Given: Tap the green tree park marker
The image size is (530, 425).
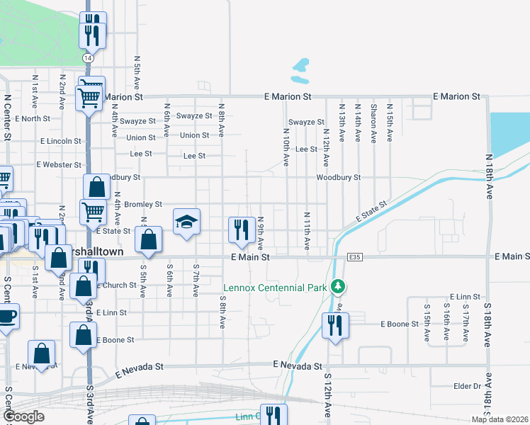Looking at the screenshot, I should (x=339, y=287).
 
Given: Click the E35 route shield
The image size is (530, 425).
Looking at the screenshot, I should (x=356, y=257).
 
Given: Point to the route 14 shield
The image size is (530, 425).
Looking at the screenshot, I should (x=87, y=57).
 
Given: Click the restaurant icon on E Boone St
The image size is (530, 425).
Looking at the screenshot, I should (x=334, y=325).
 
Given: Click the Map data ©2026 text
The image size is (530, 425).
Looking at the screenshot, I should (x=500, y=419).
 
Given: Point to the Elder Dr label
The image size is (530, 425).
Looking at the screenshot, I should (x=467, y=386).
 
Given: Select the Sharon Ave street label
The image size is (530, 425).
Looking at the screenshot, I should (x=373, y=123).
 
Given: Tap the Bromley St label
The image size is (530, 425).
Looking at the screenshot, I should (x=143, y=204).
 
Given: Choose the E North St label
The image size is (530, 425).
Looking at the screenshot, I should (x=37, y=118).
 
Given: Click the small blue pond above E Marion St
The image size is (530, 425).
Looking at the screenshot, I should (x=300, y=68).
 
